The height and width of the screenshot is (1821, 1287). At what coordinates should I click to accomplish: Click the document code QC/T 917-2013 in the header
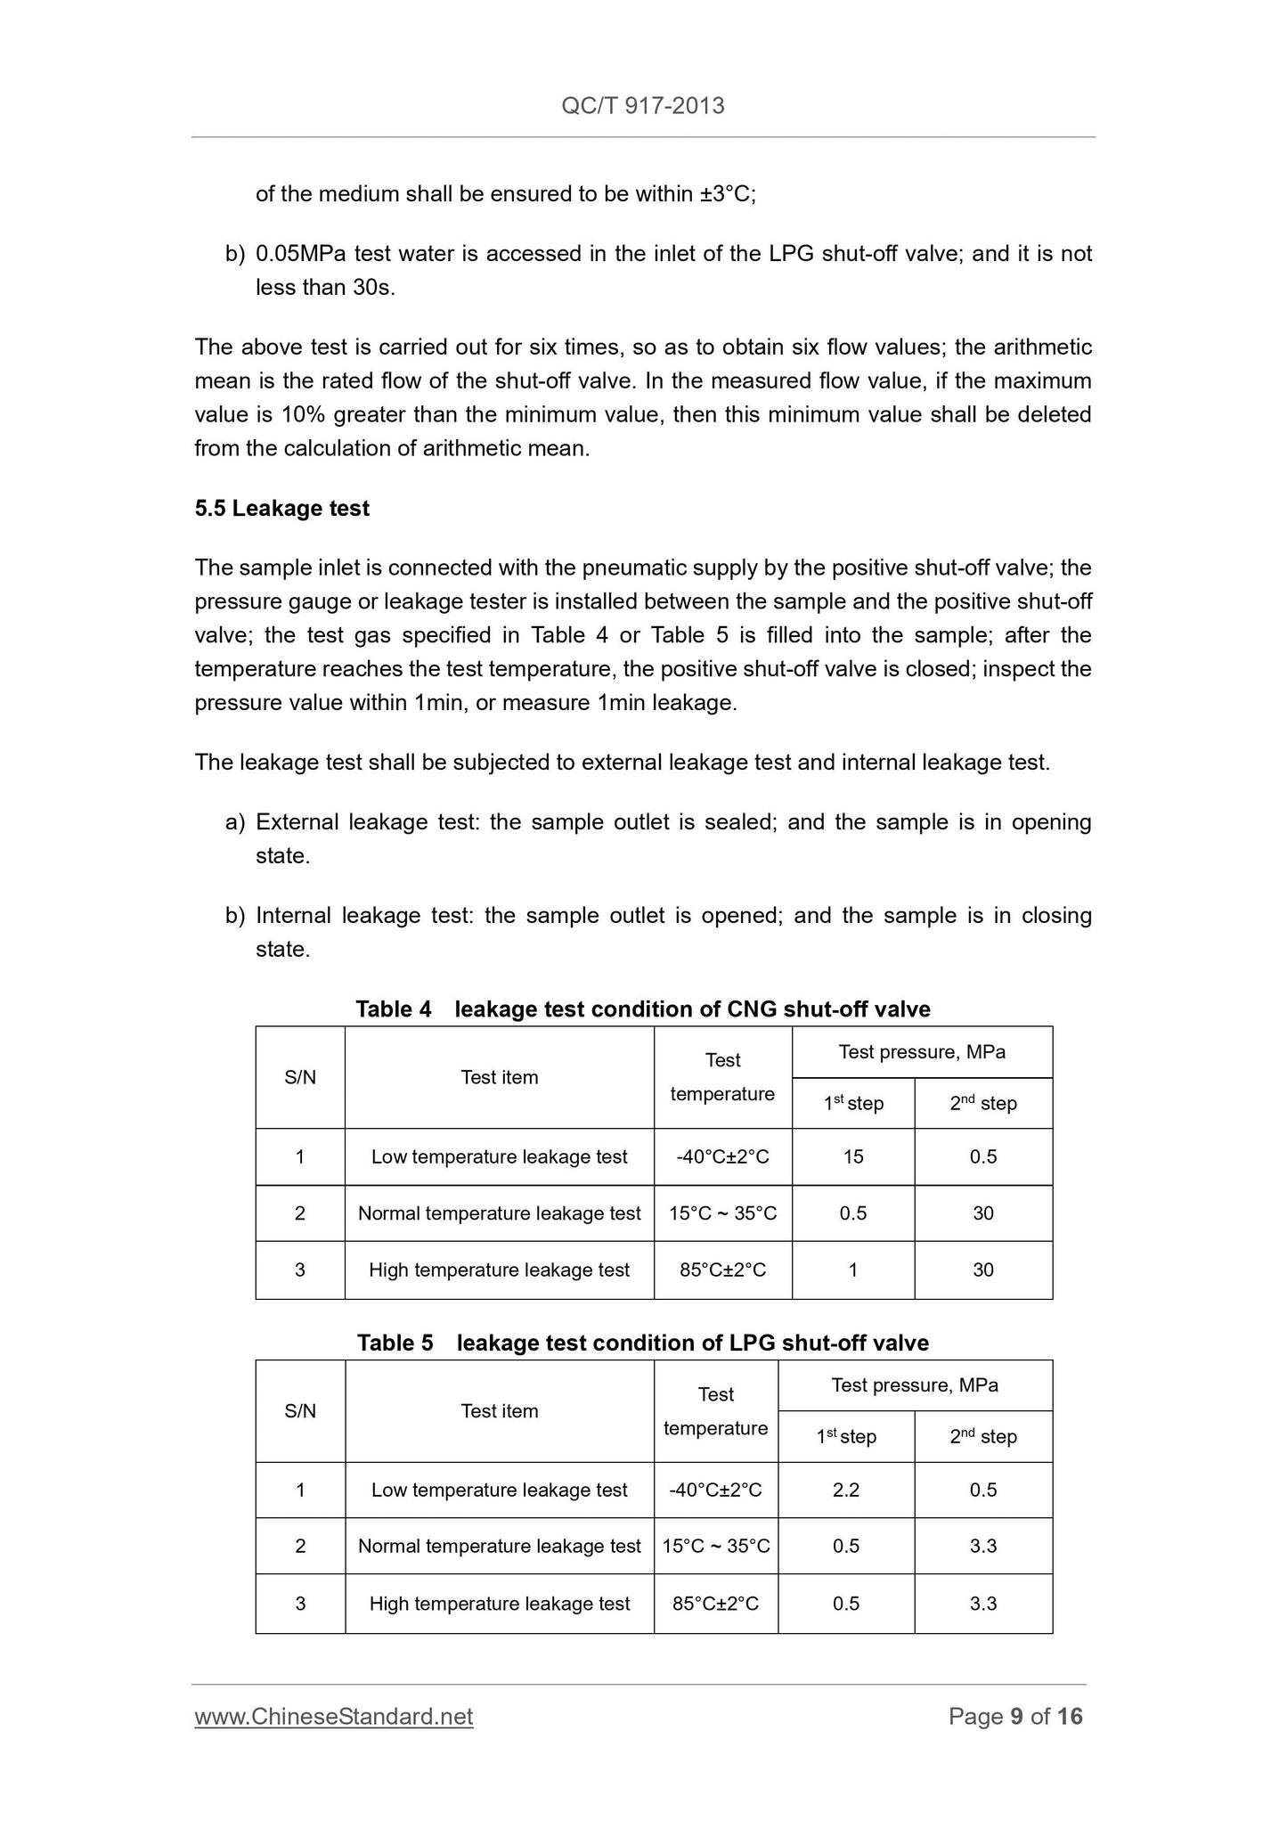pos(642,106)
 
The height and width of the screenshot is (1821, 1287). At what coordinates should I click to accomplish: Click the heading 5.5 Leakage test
pos(281,509)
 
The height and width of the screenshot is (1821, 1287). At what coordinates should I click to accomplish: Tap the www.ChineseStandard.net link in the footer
pos(334,1716)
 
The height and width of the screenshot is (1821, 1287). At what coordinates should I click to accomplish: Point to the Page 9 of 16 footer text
pos(1015,1716)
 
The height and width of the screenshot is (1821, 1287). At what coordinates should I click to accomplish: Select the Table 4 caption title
pos(642,1009)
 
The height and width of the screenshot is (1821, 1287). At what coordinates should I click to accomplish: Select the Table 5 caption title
pos(642,1343)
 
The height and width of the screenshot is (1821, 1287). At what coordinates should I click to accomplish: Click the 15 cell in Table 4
pos(853,1157)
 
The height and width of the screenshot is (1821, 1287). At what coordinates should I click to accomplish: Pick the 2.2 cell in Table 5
pos(846,1490)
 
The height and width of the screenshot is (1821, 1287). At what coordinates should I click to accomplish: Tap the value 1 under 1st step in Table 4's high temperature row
pos(853,1270)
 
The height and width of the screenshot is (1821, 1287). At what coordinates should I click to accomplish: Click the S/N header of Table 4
pos(300,1078)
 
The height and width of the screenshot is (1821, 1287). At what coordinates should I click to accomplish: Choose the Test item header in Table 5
pos(500,1411)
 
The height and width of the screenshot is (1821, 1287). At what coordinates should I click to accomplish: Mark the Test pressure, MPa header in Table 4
pos(922,1052)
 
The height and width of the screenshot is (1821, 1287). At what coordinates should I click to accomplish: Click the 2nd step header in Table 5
pos(983,1437)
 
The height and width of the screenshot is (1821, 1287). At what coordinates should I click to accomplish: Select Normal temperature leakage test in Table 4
pos(500,1213)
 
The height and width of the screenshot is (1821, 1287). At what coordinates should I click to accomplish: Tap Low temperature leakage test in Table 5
pos(500,1490)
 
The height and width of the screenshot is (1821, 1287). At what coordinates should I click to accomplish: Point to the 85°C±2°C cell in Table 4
pos(722,1270)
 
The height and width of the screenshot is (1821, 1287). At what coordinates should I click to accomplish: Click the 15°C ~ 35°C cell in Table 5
pos(716,1547)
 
